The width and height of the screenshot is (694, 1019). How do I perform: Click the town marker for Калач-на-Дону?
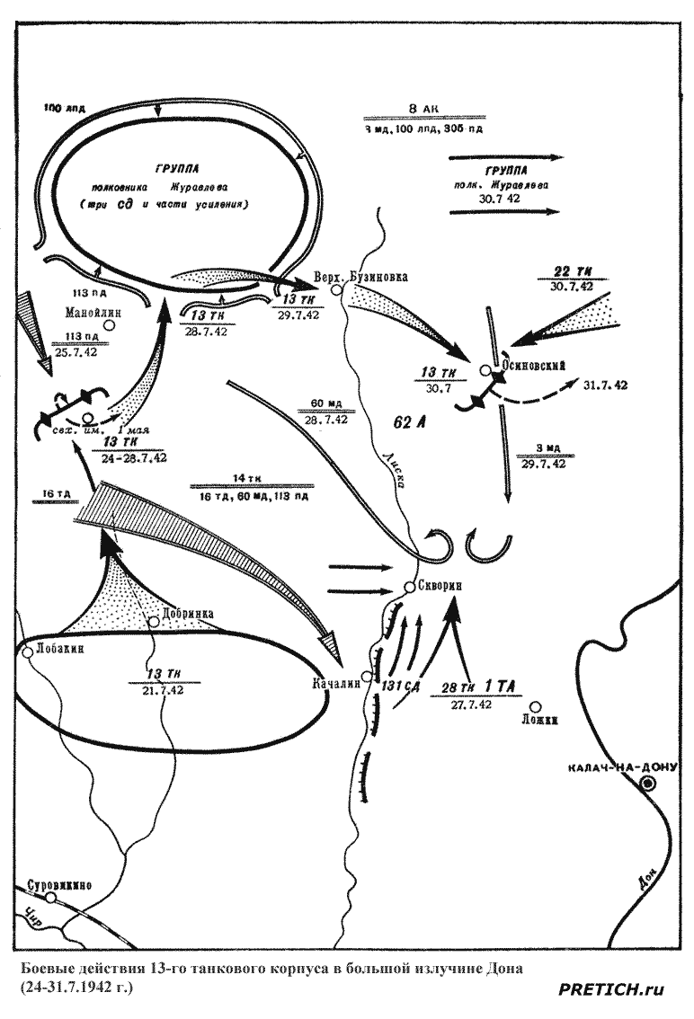pos(646,784)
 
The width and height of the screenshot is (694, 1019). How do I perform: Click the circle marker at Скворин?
pos(409,587)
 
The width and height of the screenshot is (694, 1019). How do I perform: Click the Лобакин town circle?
pos(24,649)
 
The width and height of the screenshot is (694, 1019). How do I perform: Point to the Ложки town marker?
pos(536,707)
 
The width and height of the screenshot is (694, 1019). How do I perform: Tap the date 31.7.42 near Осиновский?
pos(604,384)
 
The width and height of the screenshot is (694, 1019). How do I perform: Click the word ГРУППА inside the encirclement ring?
pos(177,168)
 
